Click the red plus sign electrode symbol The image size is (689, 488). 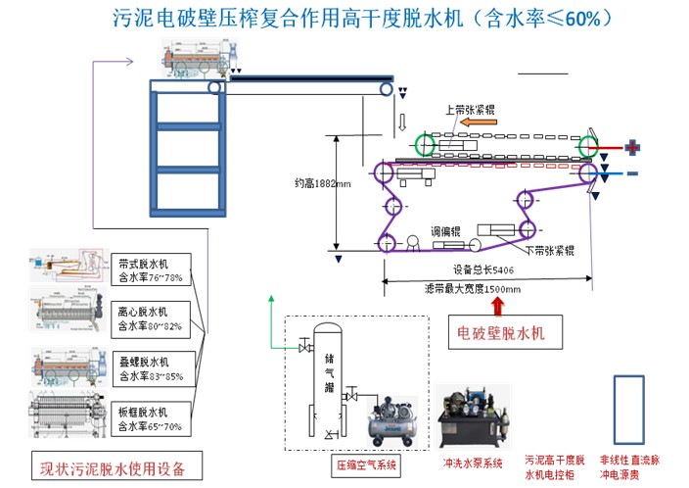(x=633, y=148)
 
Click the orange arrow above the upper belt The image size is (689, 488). (x=481, y=123)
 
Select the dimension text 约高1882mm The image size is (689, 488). (x=315, y=181)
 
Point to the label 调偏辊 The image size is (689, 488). (x=440, y=227)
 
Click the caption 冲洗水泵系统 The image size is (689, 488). (x=472, y=463)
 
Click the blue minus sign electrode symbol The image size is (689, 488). (x=632, y=173)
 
